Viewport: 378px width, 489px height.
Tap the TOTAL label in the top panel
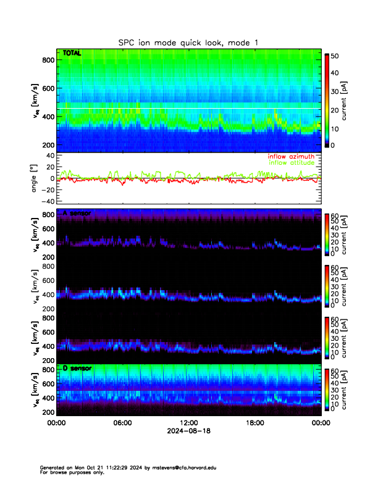click(x=72, y=54)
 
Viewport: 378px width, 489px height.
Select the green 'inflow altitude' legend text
click(x=293, y=163)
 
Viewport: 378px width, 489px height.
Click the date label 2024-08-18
click(x=188, y=431)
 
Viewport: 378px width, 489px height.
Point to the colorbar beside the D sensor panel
click(x=327, y=390)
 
